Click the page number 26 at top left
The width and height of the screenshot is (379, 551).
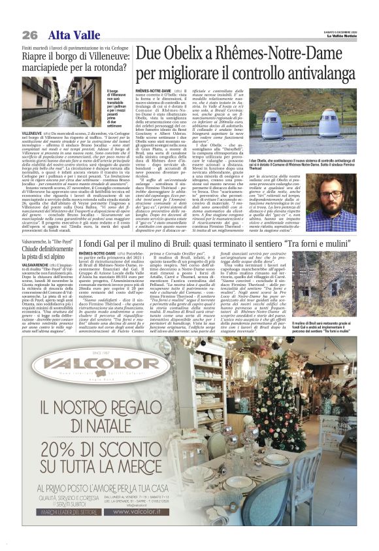[29, 34]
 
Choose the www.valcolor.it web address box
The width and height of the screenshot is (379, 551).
[154, 519]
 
